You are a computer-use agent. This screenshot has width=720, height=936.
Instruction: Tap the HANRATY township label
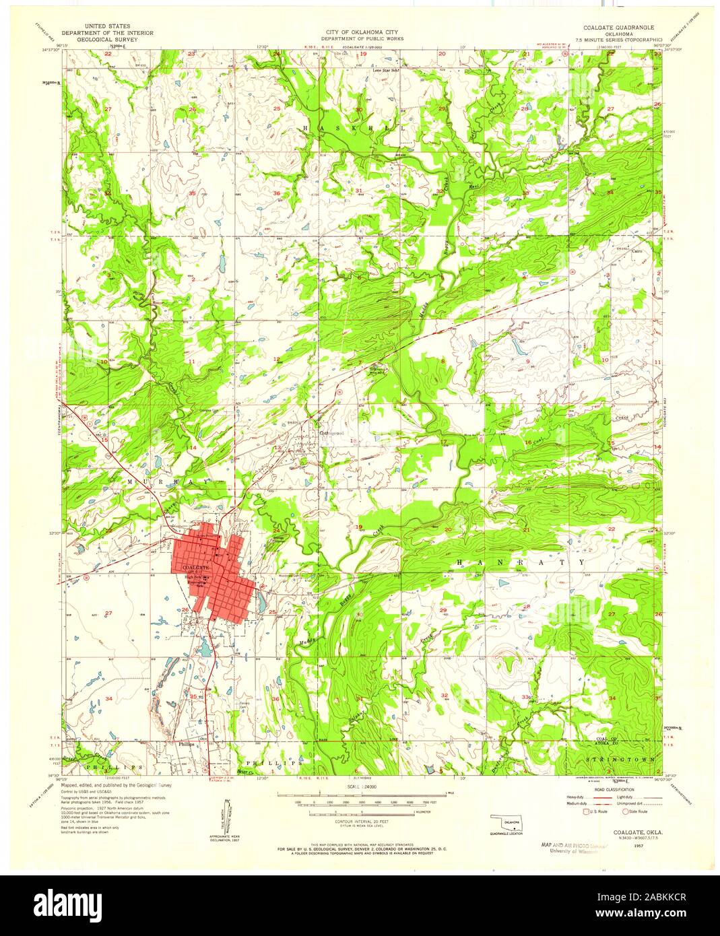tap(521, 562)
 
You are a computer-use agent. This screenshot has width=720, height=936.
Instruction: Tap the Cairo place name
tap(637, 250)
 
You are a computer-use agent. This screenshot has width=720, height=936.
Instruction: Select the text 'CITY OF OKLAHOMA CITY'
tap(359, 32)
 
